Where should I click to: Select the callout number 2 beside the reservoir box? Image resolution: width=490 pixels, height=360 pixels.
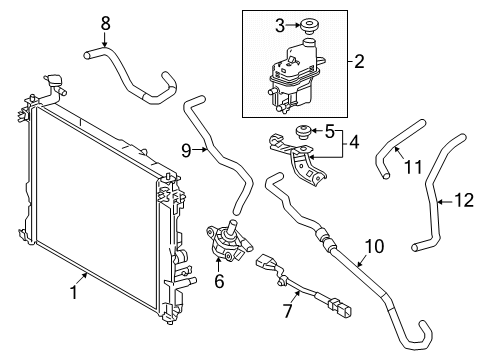(358, 62)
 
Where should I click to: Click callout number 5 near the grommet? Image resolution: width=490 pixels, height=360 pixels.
(327, 129)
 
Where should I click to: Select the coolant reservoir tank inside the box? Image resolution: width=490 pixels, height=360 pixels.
(290, 75)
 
